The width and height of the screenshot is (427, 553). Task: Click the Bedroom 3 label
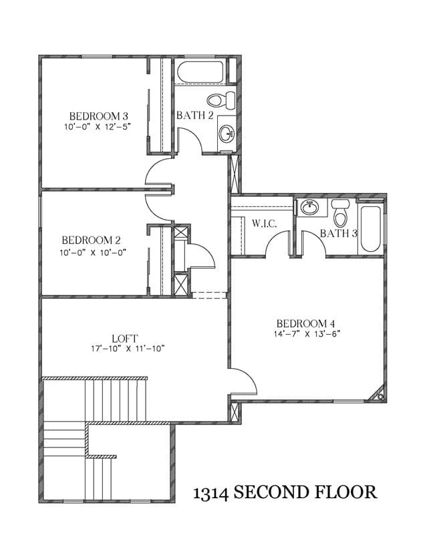(x=98, y=116)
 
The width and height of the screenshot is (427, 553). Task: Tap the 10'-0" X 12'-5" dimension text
(x=98, y=127)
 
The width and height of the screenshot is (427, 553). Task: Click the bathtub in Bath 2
(x=200, y=72)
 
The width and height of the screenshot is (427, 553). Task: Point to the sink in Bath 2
(x=227, y=134)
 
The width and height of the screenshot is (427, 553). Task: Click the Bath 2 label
(x=195, y=115)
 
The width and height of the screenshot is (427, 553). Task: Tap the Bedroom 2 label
(x=91, y=240)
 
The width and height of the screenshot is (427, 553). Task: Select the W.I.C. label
(x=264, y=223)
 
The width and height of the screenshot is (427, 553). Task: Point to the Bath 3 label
(x=338, y=233)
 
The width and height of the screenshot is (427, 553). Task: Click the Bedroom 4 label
(x=305, y=323)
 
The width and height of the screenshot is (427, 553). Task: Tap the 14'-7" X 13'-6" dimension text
(x=306, y=334)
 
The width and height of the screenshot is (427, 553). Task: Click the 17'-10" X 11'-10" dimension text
(x=128, y=349)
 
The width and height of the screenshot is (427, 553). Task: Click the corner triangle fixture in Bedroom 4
(x=377, y=394)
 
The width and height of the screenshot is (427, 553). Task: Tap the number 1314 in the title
(x=210, y=493)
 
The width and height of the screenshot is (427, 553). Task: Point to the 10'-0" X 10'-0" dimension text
(x=93, y=252)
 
